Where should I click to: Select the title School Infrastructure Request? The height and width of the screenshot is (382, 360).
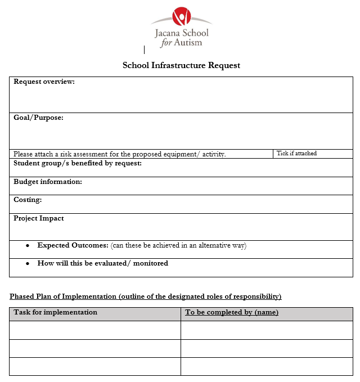(181, 65)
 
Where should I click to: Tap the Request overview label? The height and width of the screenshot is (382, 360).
(44, 82)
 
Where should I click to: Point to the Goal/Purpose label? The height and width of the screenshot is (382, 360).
(38, 118)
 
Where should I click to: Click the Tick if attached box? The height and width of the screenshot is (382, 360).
(313, 154)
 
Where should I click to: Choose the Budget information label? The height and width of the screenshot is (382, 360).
(48, 182)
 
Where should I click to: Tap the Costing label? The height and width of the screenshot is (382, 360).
(28, 200)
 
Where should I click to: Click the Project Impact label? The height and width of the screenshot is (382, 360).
(39, 218)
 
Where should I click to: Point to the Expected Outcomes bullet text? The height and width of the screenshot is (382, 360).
(73, 245)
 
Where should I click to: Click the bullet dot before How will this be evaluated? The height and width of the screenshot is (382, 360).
(28, 263)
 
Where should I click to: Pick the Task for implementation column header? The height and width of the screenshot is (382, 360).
(55, 312)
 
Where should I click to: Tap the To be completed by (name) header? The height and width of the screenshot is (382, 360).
(232, 312)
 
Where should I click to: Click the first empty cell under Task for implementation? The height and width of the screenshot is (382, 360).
(94, 330)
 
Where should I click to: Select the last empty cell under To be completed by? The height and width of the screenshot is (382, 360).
(267, 366)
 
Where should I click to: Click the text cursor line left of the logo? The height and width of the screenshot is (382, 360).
(145, 50)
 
